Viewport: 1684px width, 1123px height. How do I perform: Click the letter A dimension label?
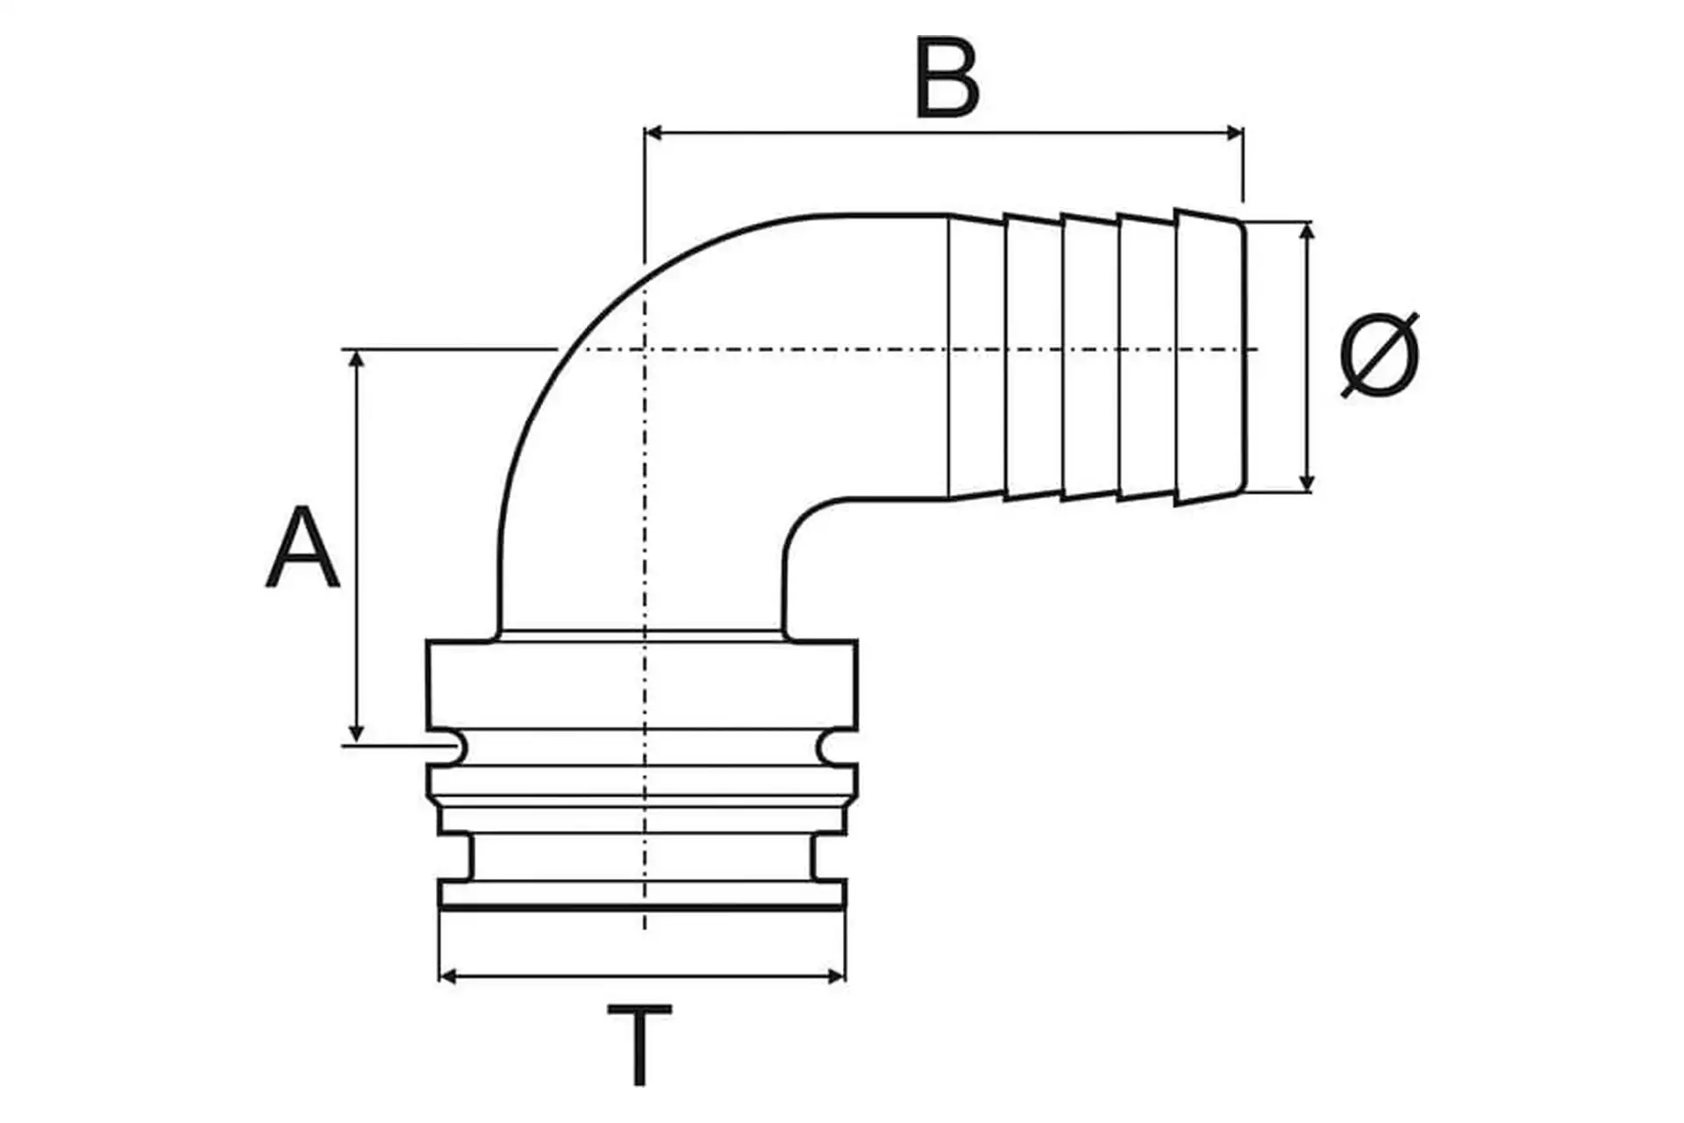[x=302, y=548]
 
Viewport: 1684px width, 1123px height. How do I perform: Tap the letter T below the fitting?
[x=639, y=1044]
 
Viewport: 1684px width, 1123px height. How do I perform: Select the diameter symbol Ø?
[x=1380, y=355]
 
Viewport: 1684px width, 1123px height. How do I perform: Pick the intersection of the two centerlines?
[x=645, y=350]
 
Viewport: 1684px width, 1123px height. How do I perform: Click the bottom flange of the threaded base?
[x=642, y=894]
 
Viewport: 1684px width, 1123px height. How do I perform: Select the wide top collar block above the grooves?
[x=642, y=684]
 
